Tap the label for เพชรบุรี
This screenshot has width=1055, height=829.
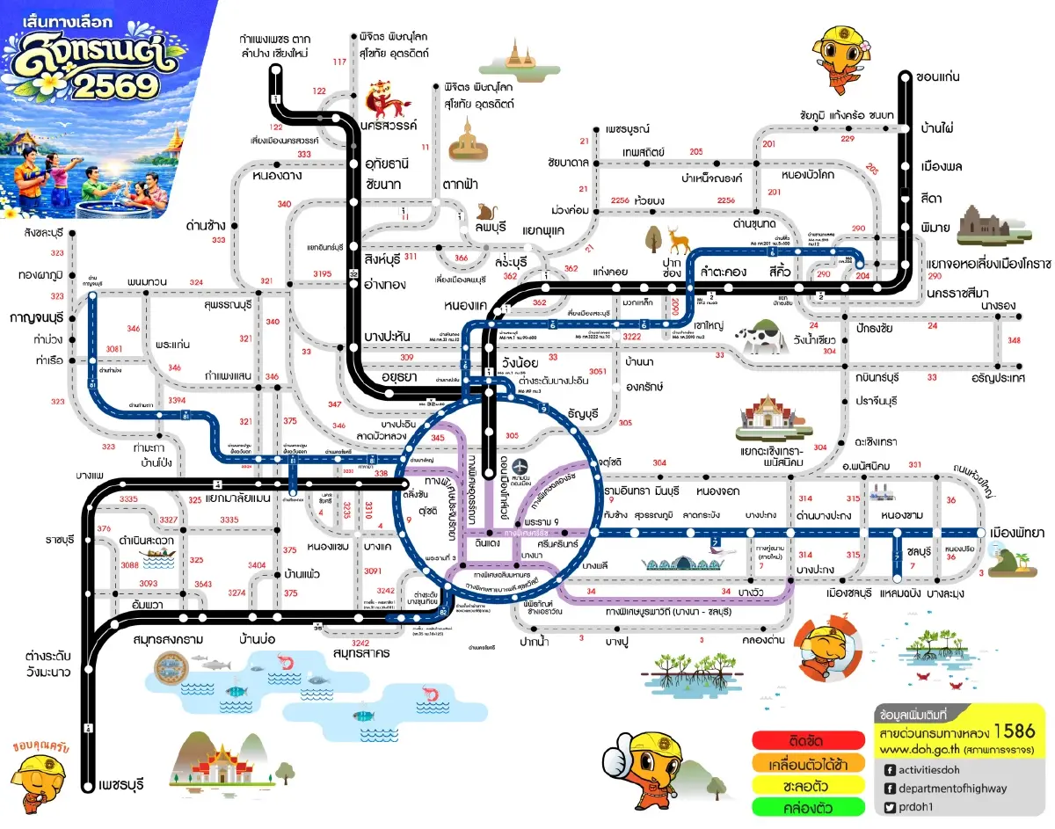[x=121, y=782]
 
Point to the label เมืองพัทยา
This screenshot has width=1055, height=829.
[x=1016, y=533]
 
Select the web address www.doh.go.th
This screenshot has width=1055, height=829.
[x=917, y=750]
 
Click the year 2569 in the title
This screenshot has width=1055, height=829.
[x=114, y=85]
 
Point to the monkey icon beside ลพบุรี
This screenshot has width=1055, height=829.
[x=484, y=212]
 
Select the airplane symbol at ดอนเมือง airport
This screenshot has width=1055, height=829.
[x=523, y=464]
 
